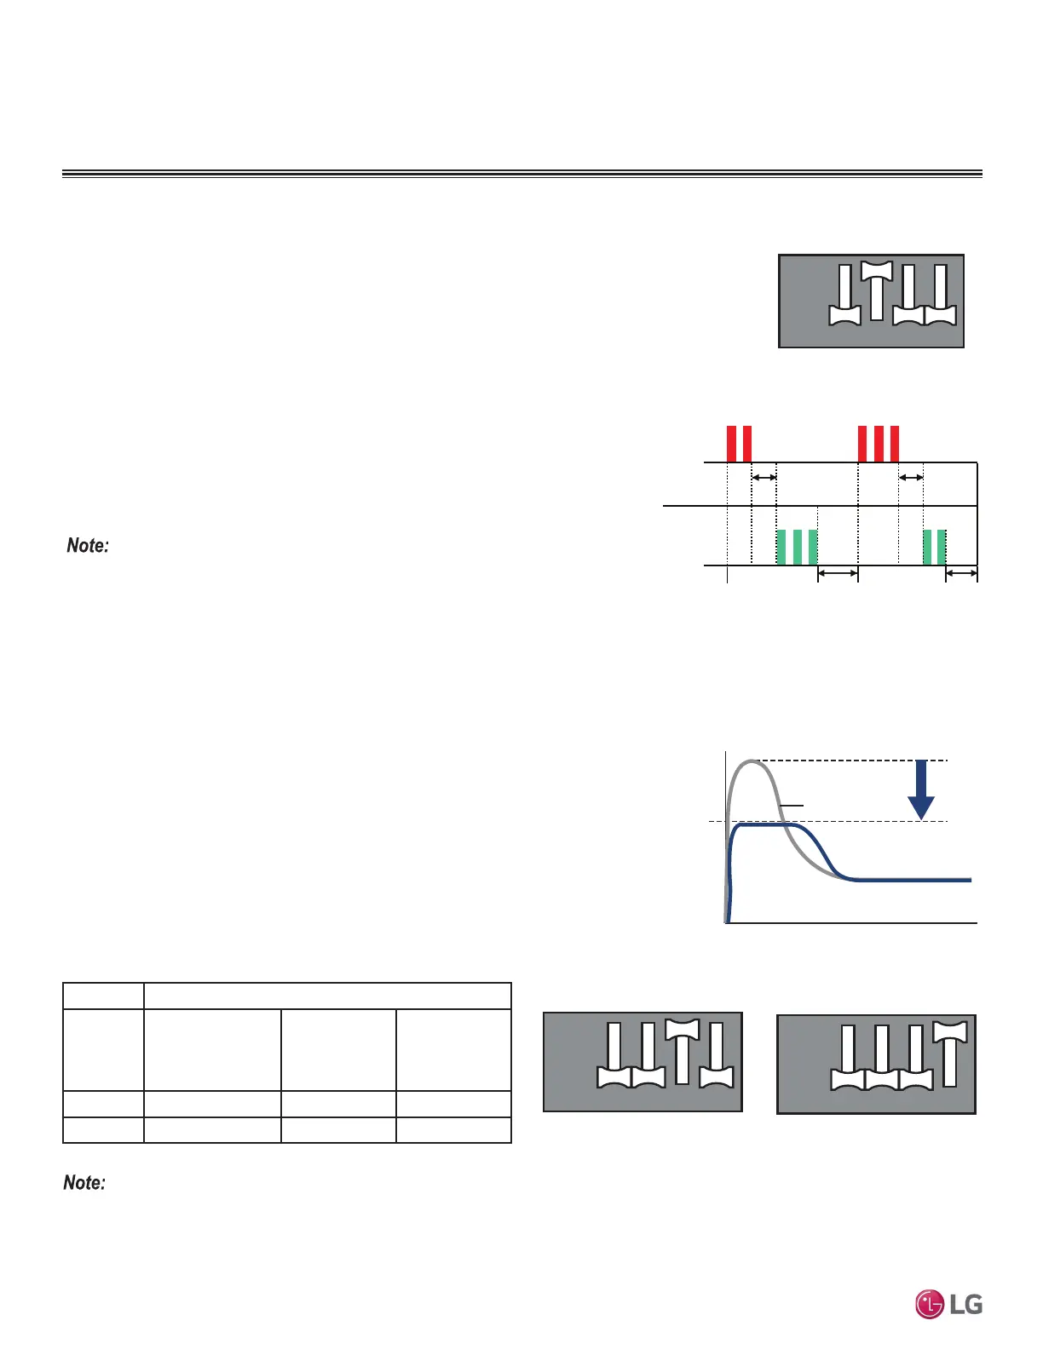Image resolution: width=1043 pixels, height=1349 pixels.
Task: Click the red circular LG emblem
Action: point(930,1305)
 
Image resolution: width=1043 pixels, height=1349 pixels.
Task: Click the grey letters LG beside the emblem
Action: point(966,1305)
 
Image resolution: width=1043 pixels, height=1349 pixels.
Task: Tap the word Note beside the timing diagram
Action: point(88,545)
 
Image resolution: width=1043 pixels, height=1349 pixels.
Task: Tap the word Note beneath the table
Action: point(84,1182)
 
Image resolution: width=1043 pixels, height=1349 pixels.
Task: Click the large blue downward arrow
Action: point(921,789)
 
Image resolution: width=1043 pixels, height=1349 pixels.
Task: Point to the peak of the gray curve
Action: point(752,761)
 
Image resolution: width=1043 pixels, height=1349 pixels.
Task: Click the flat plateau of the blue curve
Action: point(764,825)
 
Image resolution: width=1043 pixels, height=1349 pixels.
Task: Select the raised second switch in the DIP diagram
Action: point(877,290)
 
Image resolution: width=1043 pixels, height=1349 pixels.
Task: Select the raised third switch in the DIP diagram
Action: point(682,1051)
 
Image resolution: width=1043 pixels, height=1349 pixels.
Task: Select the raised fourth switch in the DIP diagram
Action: point(950,1053)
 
